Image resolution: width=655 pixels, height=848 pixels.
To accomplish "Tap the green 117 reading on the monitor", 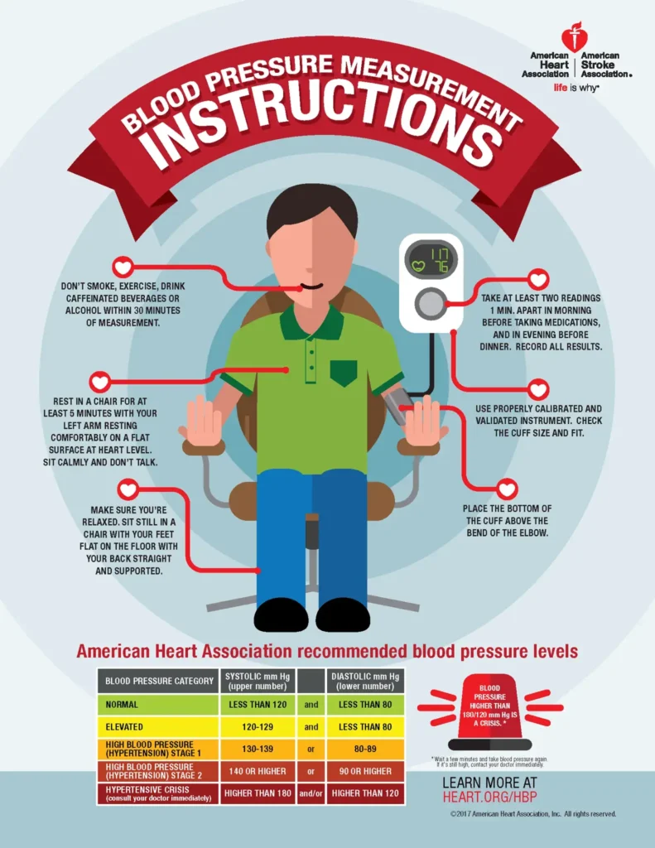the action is [x=439, y=254].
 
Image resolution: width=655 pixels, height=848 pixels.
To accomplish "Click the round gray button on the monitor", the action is [x=431, y=303].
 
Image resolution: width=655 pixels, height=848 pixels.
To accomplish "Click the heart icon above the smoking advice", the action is [x=123, y=267].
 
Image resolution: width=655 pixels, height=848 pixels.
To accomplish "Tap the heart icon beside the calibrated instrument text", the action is [x=538, y=389].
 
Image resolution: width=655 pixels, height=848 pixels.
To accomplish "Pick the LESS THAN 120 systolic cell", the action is [x=258, y=705].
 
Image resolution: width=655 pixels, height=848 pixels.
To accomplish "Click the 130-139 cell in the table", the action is [x=258, y=749].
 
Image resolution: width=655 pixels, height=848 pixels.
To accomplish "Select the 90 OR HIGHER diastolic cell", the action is [x=365, y=771].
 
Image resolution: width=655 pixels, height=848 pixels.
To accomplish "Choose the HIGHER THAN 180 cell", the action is [x=258, y=793].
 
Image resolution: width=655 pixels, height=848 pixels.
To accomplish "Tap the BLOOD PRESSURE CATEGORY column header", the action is [x=159, y=681].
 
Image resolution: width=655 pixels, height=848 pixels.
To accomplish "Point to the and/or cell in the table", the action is [x=311, y=793].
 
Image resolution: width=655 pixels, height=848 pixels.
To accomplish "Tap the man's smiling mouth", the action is [x=312, y=287].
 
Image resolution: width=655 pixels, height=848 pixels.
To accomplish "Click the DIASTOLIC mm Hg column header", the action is [x=365, y=681].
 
